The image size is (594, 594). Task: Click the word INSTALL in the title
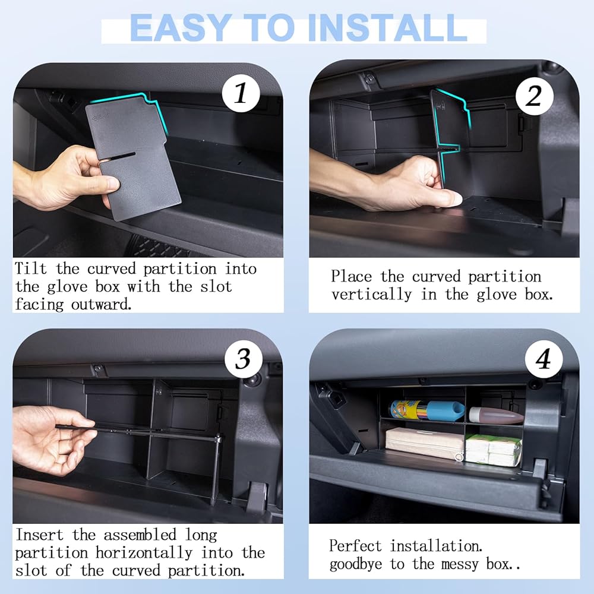click(387, 28)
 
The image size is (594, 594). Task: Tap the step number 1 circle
click(241, 93)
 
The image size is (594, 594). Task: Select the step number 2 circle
click(534, 96)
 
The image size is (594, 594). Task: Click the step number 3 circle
click(243, 359)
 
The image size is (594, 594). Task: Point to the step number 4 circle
click(544, 359)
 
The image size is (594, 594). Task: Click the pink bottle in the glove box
click(496, 416)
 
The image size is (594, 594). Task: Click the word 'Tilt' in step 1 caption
click(31, 268)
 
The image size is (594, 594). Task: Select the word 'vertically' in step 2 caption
click(371, 295)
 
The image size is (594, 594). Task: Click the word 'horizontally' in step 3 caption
click(144, 552)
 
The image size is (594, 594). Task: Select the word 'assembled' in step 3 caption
click(140, 535)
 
